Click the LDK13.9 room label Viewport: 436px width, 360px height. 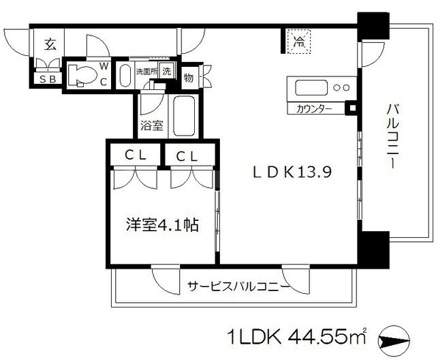click(x=285, y=173)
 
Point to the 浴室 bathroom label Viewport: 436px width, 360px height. click(x=151, y=125)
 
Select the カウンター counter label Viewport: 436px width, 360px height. click(x=314, y=108)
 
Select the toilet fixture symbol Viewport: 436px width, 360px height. click(x=82, y=76)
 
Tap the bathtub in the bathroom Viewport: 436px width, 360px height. click(x=184, y=117)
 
